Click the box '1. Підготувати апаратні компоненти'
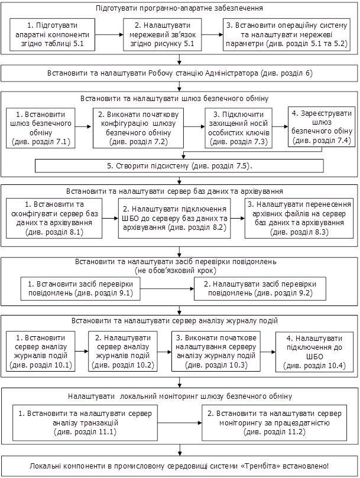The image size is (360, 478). (53, 35)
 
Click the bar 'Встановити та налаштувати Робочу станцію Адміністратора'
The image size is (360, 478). (180, 73)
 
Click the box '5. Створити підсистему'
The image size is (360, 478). (179, 166)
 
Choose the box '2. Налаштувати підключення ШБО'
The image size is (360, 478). (174, 219)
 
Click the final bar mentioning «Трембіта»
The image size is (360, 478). (180, 466)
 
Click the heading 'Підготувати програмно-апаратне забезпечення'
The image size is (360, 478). (179, 9)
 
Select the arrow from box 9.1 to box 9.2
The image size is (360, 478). (172, 288)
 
